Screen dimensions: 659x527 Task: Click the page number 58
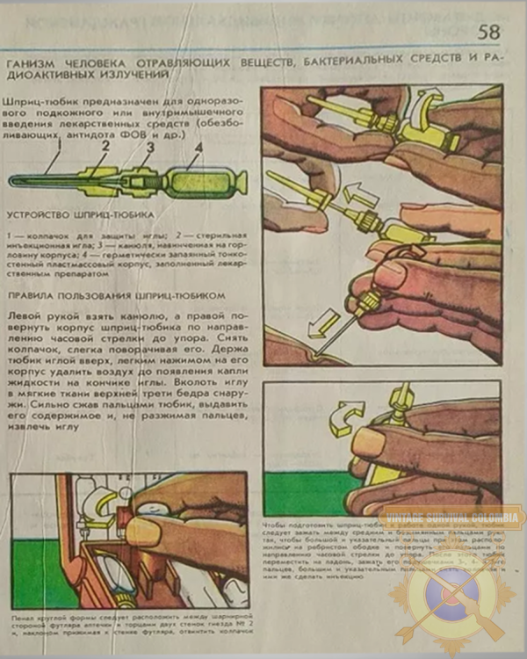[x=488, y=33]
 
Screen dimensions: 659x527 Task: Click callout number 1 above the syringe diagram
[x=54, y=156]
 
